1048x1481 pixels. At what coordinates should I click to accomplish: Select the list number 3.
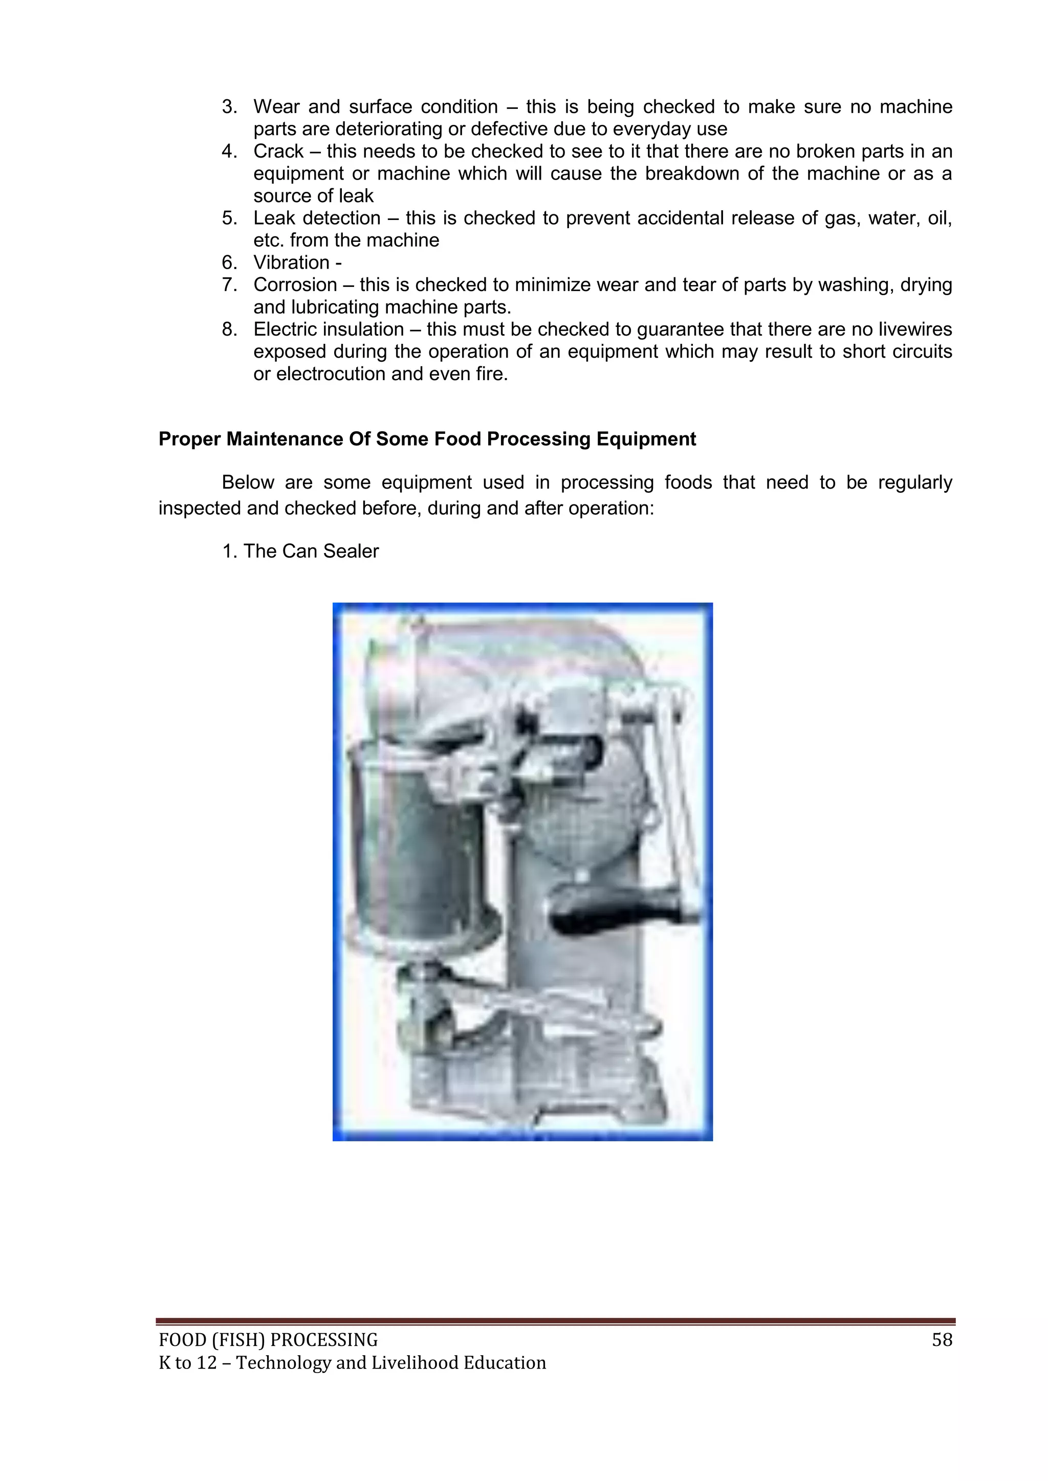coord(229,106)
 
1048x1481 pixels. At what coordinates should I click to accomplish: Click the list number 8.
coord(229,329)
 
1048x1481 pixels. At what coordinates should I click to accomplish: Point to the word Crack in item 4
coord(278,151)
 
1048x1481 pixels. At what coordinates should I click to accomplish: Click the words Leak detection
coord(316,218)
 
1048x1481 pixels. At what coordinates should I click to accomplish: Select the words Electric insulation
coord(328,329)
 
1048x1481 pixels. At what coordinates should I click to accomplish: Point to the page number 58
coord(942,1340)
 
